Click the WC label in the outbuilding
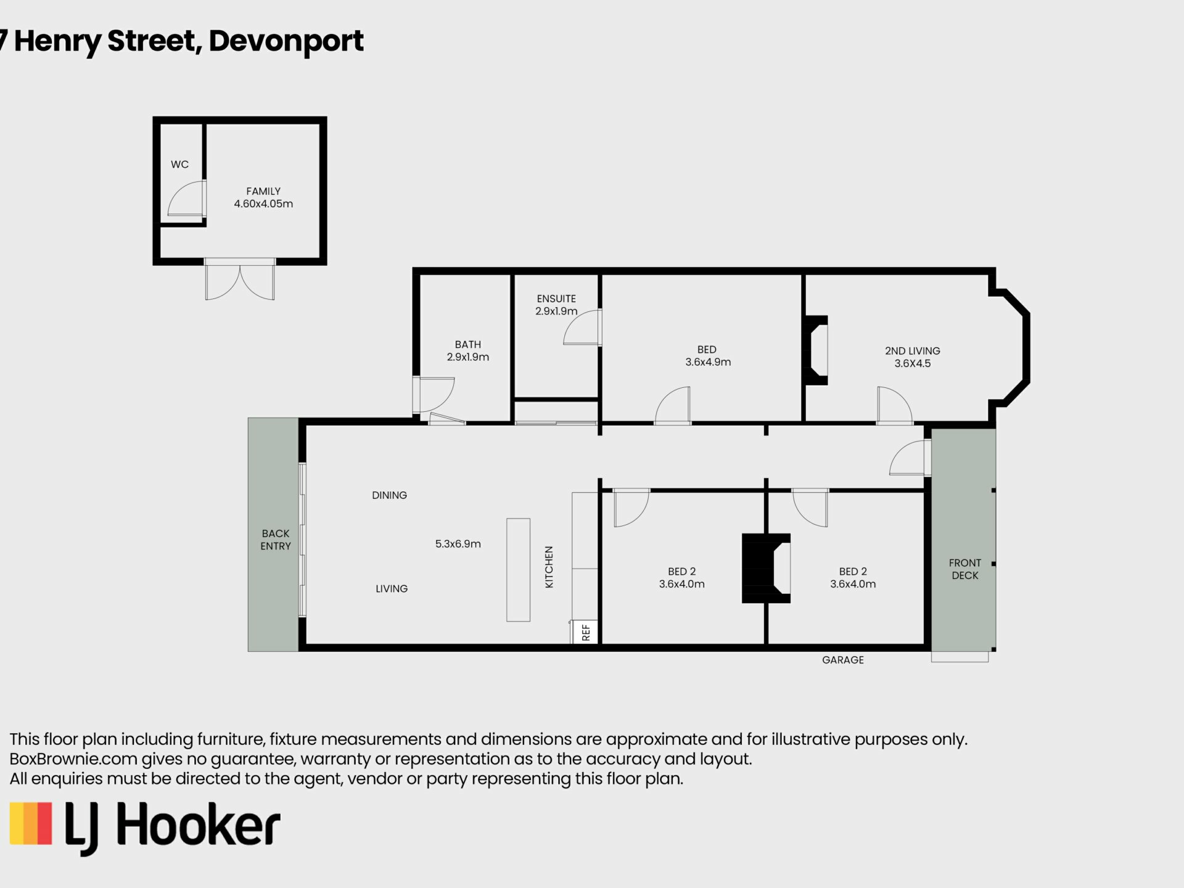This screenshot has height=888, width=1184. coord(179,165)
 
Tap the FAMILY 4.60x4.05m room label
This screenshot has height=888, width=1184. coord(263,197)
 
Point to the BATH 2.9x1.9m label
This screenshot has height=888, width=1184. coord(468,351)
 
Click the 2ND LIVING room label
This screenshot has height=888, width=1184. coord(913,357)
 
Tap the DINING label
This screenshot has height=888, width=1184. coord(389,495)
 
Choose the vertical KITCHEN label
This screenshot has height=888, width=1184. coord(549,567)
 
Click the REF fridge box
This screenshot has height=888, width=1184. coord(585,632)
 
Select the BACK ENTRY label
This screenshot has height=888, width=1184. coord(276,540)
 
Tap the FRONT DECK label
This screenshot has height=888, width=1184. coord(965,569)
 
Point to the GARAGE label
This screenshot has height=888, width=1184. coord(843,660)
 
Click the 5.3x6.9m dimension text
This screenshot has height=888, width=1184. coord(458,544)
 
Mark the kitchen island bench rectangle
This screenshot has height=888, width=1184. coord(518,570)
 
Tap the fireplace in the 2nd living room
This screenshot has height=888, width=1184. coord(815,350)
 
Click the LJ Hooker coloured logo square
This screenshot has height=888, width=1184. coord(31,823)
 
